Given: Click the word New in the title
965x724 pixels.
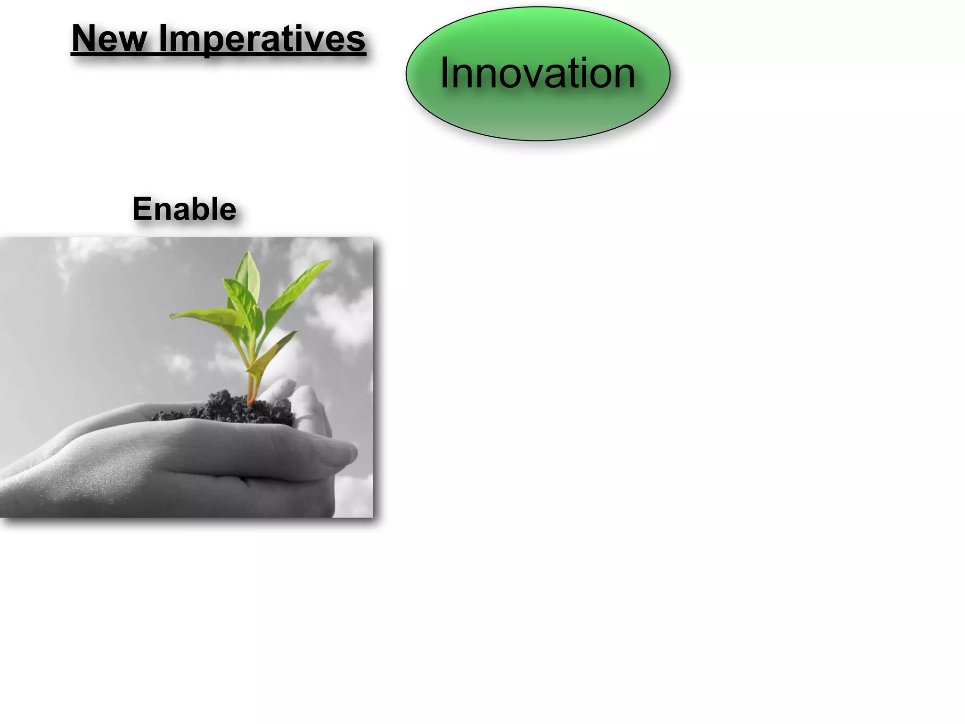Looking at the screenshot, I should (x=109, y=39).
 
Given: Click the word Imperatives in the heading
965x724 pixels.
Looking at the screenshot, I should (x=262, y=40).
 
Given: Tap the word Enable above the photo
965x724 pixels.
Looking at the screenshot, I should (x=184, y=209).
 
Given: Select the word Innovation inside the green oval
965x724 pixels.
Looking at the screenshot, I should (x=537, y=73).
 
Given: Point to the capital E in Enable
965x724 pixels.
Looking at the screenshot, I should (x=142, y=209).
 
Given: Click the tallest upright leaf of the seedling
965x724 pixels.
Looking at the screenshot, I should (x=247, y=276).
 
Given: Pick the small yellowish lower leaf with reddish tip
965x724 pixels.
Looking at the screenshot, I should (x=273, y=351).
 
